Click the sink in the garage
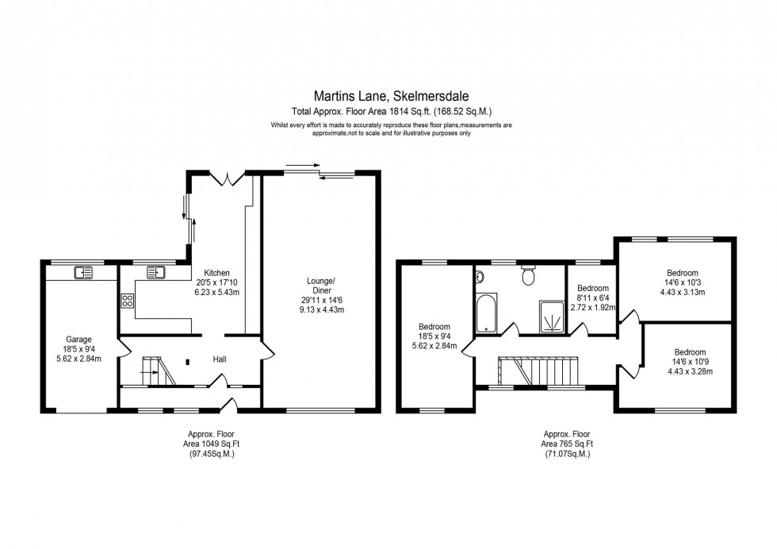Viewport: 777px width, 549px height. [83, 272]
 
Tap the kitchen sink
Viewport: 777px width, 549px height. [155, 272]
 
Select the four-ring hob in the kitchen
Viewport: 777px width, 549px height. [127, 300]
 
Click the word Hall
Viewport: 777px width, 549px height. [220, 359]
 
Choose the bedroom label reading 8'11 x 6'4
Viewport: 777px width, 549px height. [593, 298]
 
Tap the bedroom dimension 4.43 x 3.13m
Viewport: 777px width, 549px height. [682, 291]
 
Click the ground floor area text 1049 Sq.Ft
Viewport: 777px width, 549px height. [211, 443]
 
